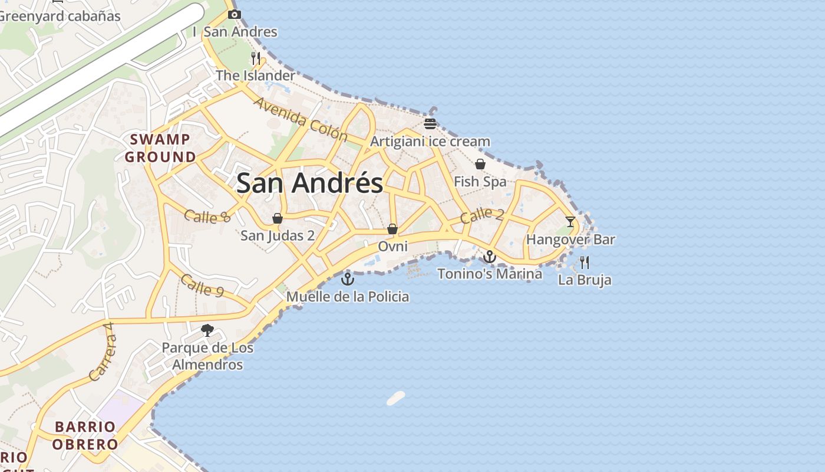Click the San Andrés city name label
(x=309, y=183)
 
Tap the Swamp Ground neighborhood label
(x=160, y=148)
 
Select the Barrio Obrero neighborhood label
(x=86, y=435)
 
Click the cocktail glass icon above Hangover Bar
(x=570, y=222)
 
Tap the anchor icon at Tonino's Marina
(x=489, y=257)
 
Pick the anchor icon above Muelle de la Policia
(x=347, y=279)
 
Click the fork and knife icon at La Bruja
(x=584, y=263)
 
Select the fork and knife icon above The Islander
(x=255, y=58)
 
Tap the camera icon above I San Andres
(x=234, y=14)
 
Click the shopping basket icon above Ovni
(x=392, y=229)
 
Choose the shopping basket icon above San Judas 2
(x=278, y=218)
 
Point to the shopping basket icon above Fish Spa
(x=480, y=164)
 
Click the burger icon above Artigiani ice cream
(x=430, y=124)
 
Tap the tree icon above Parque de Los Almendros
(x=207, y=330)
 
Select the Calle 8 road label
(x=207, y=216)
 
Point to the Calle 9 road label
(x=202, y=286)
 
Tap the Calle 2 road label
(x=482, y=215)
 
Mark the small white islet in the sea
(x=396, y=398)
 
